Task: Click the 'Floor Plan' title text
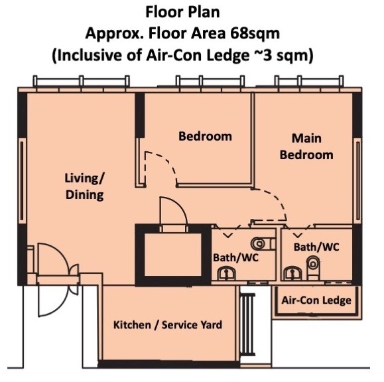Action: point(182,13)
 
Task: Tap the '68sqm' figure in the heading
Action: point(255,34)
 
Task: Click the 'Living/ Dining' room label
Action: point(85,186)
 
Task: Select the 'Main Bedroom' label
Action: point(306,147)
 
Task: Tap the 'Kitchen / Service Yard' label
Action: point(168,325)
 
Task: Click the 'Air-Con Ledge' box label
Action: point(316,300)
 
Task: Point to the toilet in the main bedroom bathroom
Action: point(313,268)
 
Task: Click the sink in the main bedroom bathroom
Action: point(293,273)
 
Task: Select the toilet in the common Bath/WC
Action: point(263,243)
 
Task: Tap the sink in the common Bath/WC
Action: point(227,274)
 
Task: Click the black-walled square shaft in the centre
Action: point(173,255)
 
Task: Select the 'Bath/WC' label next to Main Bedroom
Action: point(316,247)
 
